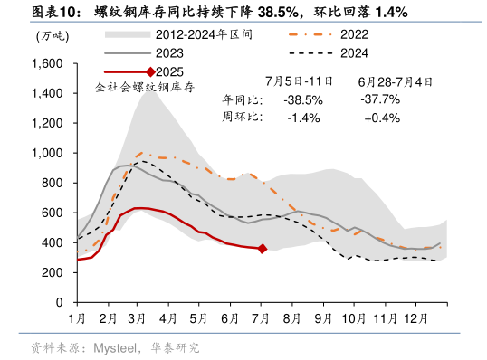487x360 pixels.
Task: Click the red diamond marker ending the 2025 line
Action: (263, 248)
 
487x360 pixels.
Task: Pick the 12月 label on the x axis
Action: (416, 318)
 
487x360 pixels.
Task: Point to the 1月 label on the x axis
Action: (77, 318)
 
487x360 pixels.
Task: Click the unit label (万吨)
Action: (51, 36)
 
